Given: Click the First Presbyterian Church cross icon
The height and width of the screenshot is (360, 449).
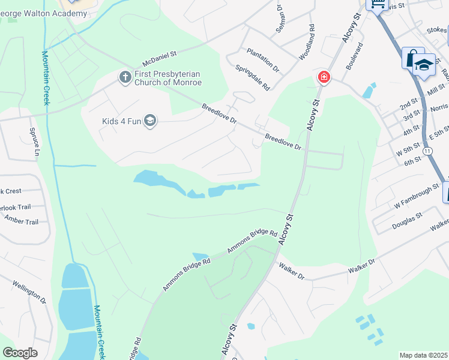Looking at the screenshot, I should coord(125,77).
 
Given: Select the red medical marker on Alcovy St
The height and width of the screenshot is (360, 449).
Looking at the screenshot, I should coord(324,77).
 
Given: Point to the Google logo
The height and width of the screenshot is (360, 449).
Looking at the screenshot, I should coord(20,353).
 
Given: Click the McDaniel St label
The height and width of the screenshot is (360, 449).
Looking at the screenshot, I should coord(159,58).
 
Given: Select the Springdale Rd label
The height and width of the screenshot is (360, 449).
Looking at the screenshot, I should coord(253,77).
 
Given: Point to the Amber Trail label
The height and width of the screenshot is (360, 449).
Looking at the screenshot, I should coord(22,221).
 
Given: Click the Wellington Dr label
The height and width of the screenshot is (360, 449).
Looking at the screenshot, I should coord(29,292).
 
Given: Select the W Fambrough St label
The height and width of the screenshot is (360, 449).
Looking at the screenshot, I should coord(417,198).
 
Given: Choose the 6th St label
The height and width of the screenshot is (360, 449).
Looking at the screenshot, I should coord(412,162).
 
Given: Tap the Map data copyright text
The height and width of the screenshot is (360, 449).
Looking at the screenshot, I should coord(424,355).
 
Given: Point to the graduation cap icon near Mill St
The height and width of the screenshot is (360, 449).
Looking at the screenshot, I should coord(424,64).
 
